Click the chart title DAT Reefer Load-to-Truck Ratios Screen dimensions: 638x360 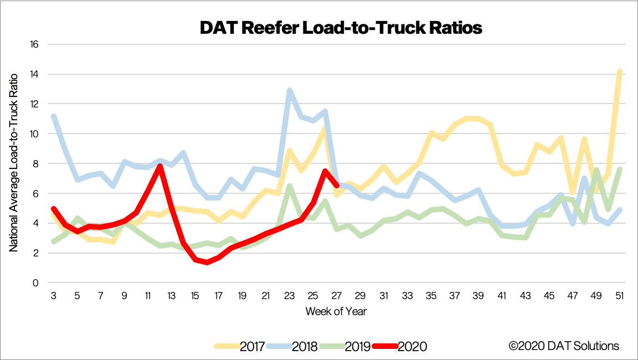click(x=341, y=28)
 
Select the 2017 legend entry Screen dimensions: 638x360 click(x=240, y=346)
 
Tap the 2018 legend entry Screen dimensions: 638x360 click(x=292, y=346)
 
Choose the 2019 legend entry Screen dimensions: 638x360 click(x=345, y=346)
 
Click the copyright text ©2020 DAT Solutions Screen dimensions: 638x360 click(x=564, y=346)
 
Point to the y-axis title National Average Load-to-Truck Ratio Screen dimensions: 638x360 click(x=14, y=163)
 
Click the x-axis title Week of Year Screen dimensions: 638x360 click(x=336, y=312)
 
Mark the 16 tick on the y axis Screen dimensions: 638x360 click(x=34, y=44)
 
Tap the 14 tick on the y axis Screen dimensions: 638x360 click(x=34, y=74)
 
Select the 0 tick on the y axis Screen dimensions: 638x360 click(x=36, y=282)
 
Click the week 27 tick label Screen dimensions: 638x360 click(x=337, y=296)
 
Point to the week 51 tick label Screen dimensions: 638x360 click(x=619, y=296)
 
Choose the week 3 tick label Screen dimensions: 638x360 click(x=54, y=296)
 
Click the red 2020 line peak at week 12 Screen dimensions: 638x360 click(x=160, y=166)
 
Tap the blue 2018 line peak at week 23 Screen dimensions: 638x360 click(x=289, y=90)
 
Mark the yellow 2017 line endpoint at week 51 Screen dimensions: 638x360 click(x=620, y=72)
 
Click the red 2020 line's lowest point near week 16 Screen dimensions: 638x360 click(x=207, y=263)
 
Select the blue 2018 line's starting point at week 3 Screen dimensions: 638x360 click(x=54, y=116)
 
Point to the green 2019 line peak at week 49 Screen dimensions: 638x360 click(x=596, y=169)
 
